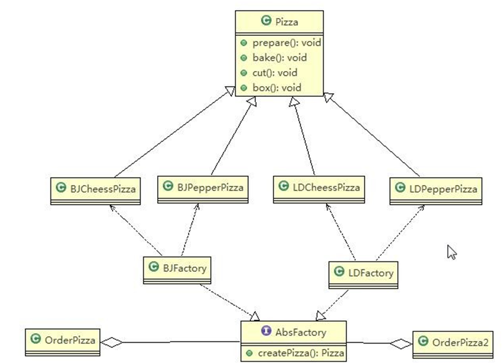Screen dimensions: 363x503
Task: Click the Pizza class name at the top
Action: [286, 21]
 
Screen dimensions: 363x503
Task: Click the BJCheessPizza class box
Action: [95, 190]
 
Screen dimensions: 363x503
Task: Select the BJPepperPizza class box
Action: [203, 188]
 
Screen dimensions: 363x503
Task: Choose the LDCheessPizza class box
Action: [319, 188]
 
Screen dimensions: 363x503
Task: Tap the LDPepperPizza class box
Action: [437, 190]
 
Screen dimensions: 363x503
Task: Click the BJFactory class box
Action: [177, 269]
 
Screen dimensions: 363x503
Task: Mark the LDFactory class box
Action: [363, 274]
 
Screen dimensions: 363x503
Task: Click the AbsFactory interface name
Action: [300, 332]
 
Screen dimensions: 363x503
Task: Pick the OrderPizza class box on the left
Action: [63, 341]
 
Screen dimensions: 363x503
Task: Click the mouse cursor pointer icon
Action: [452, 252]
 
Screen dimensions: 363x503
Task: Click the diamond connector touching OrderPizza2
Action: [401, 343]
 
